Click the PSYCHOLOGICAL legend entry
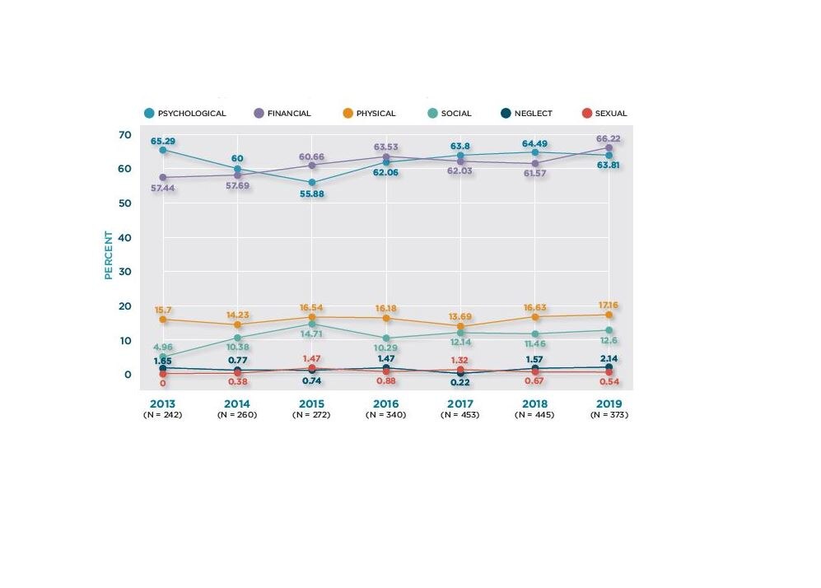(x=184, y=114)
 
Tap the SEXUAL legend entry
(x=604, y=114)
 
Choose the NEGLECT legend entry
(x=526, y=114)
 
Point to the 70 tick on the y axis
(x=124, y=134)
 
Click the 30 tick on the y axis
(x=124, y=272)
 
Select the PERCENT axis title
(x=108, y=254)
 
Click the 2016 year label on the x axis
(x=385, y=404)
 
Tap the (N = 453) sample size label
(x=460, y=415)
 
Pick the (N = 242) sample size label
(x=162, y=415)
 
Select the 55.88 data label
(x=311, y=194)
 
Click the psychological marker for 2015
(x=311, y=183)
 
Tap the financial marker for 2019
(x=609, y=147)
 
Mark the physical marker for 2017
(x=460, y=326)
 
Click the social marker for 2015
(x=311, y=324)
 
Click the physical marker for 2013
(x=163, y=320)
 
